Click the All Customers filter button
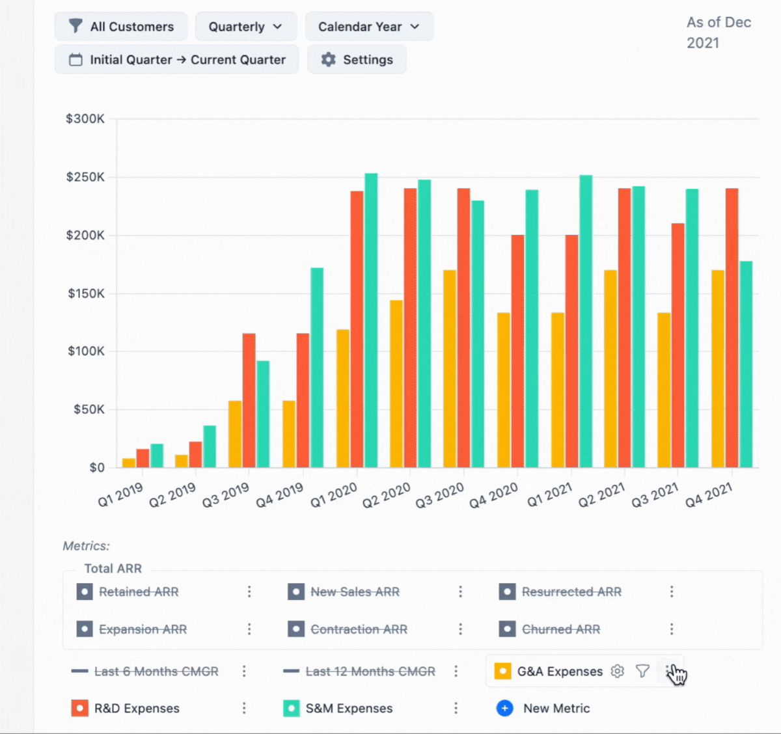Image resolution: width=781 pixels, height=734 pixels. [122, 27]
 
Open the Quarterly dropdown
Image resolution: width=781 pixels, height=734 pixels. [245, 27]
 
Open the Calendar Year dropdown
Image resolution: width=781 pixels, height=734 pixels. [368, 27]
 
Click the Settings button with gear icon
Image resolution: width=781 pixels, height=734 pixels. [357, 60]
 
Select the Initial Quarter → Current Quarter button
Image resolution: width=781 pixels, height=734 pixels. [177, 60]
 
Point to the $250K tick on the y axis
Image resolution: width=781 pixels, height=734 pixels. [85, 177]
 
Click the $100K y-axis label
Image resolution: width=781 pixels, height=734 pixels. [85, 351]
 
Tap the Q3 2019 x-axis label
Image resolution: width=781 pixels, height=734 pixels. [225, 495]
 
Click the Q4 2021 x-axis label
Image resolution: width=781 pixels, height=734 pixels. [708, 495]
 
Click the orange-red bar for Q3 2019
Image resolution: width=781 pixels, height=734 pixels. [249, 400]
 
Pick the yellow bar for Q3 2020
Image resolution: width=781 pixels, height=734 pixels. [449, 368]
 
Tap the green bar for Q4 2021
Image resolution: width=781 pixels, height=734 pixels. [746, 364]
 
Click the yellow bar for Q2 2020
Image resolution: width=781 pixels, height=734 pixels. [396, 384]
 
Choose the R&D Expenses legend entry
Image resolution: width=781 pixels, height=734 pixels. [137, 709]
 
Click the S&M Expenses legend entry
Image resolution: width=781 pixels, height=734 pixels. [349, 709]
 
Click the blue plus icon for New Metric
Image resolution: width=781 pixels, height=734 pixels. [504, 709]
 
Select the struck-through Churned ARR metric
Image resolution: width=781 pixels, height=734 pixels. [560, 629]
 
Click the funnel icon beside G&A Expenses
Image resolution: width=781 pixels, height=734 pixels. [642, 671]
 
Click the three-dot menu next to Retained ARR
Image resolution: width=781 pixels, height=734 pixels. [249, 591]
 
